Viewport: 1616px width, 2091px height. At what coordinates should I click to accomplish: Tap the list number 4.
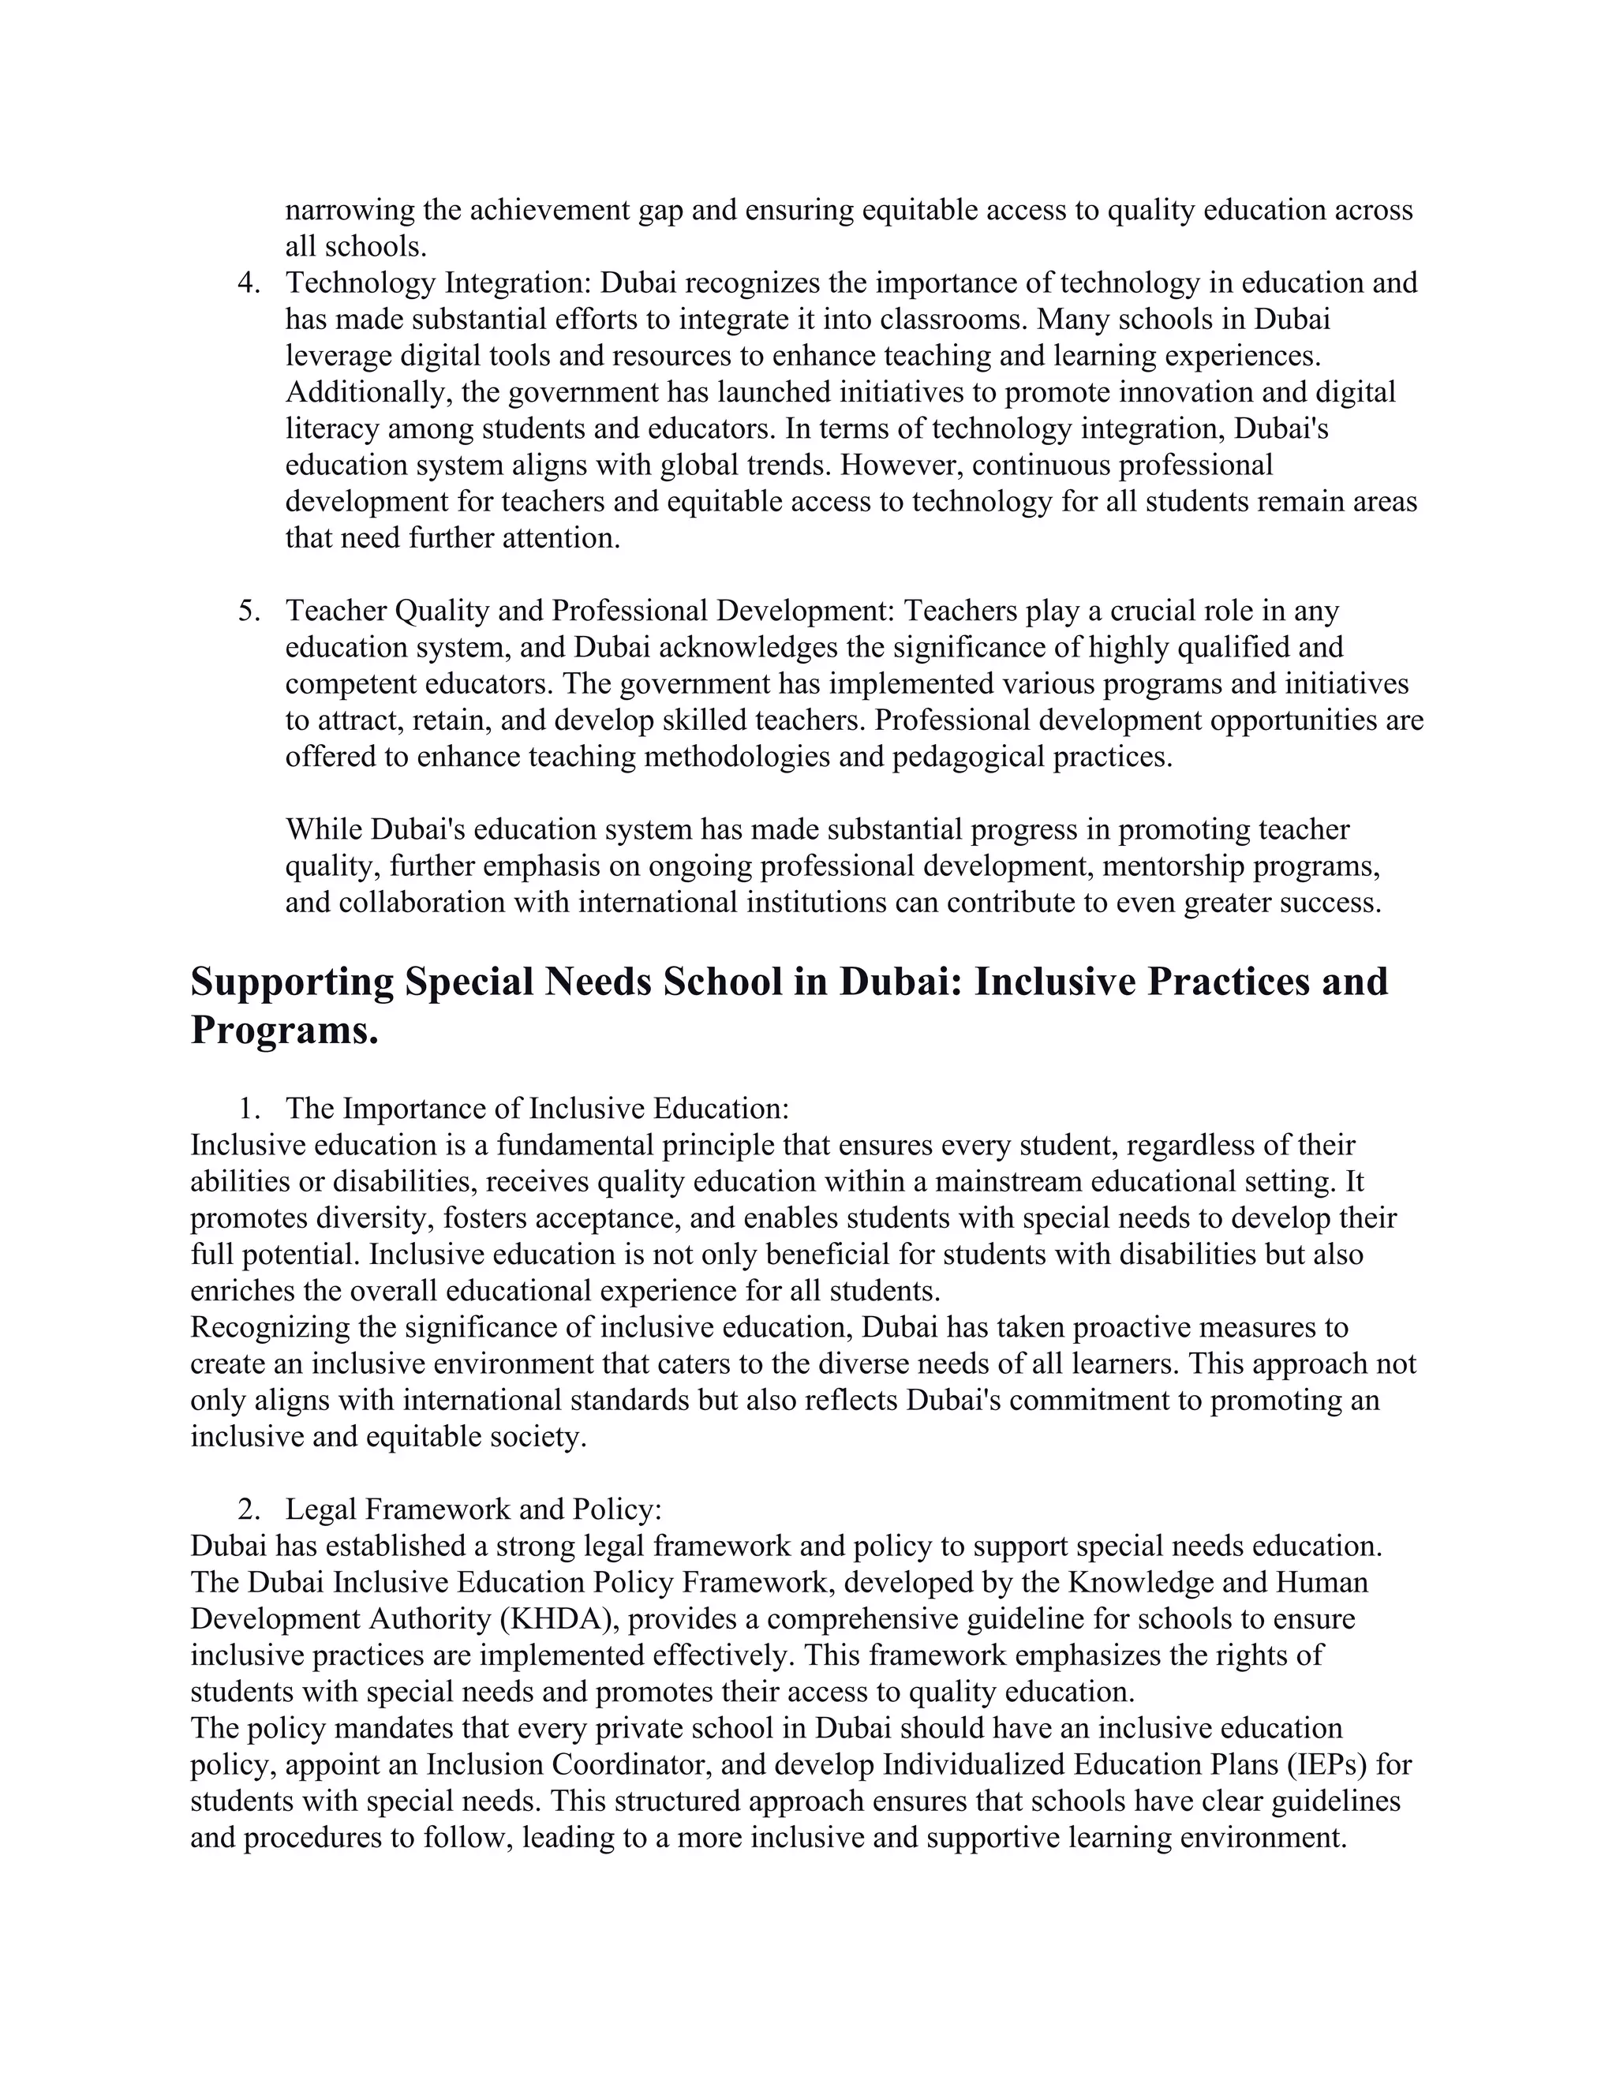(248, 283)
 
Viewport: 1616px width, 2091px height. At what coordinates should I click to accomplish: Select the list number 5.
(248, 611)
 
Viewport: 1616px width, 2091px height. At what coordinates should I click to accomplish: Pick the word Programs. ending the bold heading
(284, 1031)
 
